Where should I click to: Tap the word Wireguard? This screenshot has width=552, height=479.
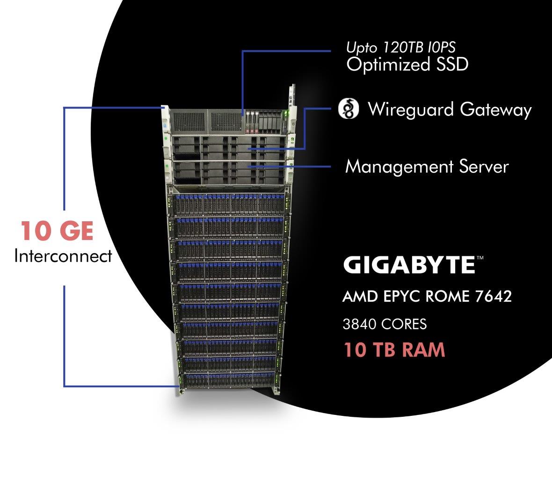coord(411,109)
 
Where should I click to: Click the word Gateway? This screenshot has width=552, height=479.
coord(496,109)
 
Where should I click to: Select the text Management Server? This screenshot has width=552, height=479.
coord(427,167)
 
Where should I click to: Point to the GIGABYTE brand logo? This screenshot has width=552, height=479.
coord(409,265)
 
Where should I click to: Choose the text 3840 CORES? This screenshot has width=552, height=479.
coord(385,324)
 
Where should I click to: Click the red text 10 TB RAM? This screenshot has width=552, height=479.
coord(394,350)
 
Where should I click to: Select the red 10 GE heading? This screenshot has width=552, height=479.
coord(57,231)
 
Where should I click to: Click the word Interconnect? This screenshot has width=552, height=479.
coord(63,256)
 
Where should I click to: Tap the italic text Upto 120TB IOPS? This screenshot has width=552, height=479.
coord(401,47)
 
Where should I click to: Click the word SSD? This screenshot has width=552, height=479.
coord(452,64)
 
